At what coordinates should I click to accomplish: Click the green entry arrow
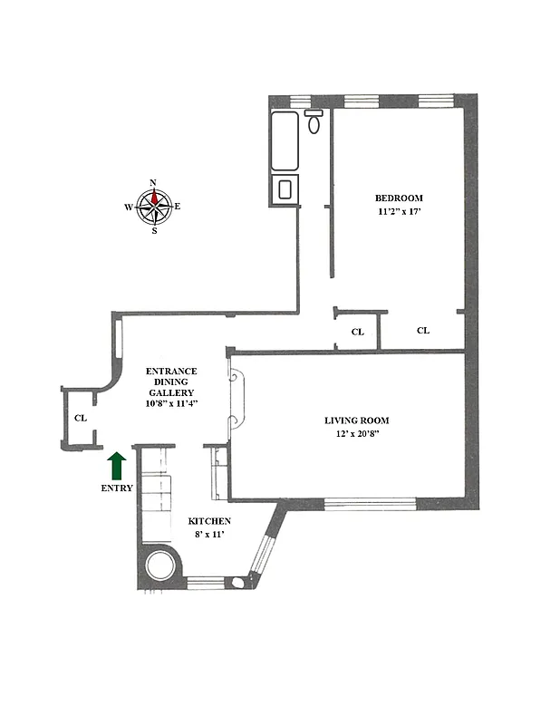[x=117, y=466]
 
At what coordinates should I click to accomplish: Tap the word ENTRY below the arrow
[x=117, y=488]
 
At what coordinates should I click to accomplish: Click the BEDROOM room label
[x=399, y=198]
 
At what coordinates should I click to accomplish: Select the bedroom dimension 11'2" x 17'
[x=399, y=212]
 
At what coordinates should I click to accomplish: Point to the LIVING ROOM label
[x=357, y=420]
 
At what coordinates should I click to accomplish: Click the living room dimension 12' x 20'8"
[x=357, y=434]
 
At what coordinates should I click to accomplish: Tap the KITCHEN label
[x=209, y=522]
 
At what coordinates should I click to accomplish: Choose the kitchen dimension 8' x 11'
[x=209, y=536]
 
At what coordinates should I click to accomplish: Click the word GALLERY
[x=172, y=392]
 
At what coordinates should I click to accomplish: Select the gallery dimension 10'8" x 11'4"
[x=172, y=403]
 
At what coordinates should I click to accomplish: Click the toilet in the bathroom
[x=314, y=121]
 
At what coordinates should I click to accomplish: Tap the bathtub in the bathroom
[x=285, y=141]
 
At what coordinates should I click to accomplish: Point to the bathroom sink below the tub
[x=285, y=189]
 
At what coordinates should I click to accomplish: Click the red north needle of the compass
[x=154, y=195]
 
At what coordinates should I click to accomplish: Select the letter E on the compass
[x=177, y=207]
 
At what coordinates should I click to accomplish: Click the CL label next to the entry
[x=81, y=419]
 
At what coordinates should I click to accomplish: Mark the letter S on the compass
[x=154, y=230]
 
